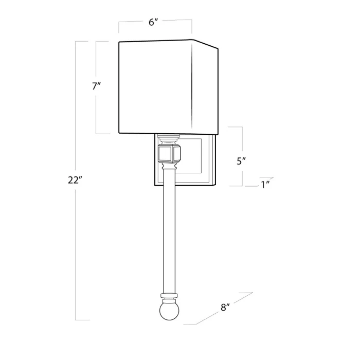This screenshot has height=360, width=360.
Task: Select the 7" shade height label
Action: tap(96, 86)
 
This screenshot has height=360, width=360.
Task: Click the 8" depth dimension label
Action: tap(225, 308)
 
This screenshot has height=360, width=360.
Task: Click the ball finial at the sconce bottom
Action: tap(168, 312)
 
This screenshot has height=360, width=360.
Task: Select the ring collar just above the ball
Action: tap(168, 296)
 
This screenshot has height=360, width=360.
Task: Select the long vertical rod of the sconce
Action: tap(168, 231)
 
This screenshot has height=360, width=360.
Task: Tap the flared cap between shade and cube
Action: tap(168, 139)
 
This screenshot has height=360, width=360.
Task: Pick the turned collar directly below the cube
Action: tap(168, 166)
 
